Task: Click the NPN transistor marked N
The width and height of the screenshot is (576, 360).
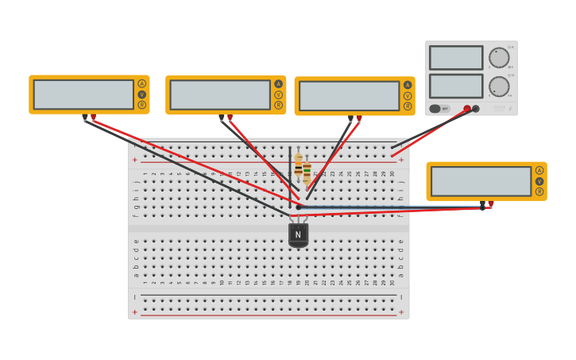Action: coord(298,234)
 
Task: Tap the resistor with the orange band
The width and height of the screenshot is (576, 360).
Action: coord(299,167)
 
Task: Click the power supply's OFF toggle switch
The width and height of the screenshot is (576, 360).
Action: coord(439,109)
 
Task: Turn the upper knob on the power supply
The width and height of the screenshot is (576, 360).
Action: coord(499,58)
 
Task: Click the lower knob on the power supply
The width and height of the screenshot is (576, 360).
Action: coord(499,87)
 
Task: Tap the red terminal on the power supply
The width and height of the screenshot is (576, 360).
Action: coord(467,109)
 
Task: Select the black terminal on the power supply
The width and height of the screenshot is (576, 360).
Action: coord(476,109)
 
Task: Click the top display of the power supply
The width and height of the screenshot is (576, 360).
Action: coord(456,58)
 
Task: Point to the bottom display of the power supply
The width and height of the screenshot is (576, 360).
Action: coord(456,86)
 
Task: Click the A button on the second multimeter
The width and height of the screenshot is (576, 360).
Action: coord(278,84)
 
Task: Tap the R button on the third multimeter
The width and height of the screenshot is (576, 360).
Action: coord(408,106)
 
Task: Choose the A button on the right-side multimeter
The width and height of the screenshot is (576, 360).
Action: coord(539,170)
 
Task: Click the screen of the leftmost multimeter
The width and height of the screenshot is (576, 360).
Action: coord(83,95)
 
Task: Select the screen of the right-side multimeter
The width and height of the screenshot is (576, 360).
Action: coord(481,181)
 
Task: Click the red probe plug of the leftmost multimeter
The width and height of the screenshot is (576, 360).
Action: coord(93,117)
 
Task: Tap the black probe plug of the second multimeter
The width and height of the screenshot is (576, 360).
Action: coord(222,118)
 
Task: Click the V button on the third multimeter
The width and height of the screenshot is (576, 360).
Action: coord(408,95)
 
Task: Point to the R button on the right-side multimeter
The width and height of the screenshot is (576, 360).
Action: coord(539,192)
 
